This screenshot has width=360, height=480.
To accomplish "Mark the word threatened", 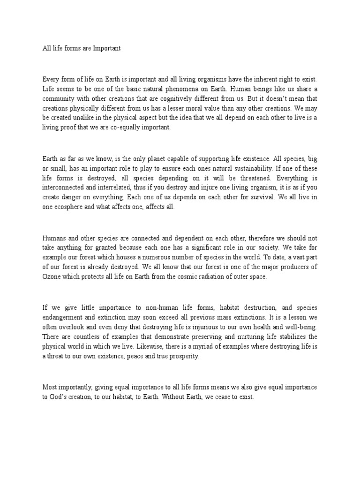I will coord(248,180).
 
